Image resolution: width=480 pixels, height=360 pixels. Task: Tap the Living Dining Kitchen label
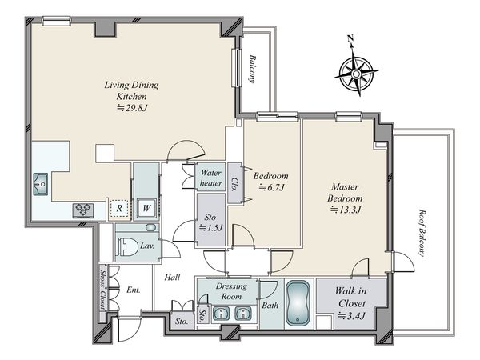132,90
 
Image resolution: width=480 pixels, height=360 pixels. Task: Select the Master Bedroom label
345,192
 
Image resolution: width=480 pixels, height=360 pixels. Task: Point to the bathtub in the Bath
298,303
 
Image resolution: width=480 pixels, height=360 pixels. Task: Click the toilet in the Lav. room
126,246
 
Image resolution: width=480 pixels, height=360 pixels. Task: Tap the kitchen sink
41,184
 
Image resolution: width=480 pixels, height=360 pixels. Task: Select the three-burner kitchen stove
83,210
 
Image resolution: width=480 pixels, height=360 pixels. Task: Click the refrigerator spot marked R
119,209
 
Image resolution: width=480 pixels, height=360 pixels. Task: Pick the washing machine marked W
146,208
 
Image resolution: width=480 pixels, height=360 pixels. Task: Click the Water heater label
210,178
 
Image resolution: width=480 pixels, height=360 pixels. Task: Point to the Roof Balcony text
422,232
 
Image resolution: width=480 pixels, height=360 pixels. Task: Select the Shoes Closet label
103,290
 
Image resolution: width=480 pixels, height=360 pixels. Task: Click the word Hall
172,278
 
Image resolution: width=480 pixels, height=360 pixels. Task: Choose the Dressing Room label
231,291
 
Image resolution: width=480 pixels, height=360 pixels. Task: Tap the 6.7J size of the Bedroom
272,187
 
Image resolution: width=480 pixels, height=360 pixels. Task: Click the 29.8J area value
133,107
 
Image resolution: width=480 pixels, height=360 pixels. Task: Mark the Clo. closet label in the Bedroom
234,184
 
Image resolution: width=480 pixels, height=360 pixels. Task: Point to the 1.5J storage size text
210,228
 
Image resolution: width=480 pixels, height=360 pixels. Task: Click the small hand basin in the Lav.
150,228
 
